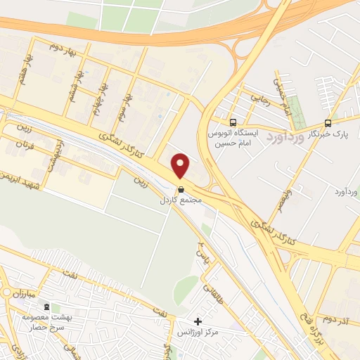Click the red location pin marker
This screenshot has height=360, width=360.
click(181, 166)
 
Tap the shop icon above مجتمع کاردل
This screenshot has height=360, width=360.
click(181, 189)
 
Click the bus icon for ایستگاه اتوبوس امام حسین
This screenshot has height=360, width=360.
click(233, 121)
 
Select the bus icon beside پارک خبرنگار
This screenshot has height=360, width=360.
click(328, 122)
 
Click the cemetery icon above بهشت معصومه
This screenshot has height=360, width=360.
click(47, 307)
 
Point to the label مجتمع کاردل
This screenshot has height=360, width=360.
click(181, 200)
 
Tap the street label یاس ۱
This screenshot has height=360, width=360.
click(202, 247)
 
